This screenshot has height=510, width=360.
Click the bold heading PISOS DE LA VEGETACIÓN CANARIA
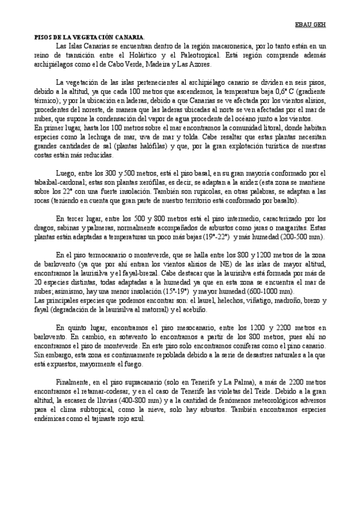(x=88, y=37)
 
